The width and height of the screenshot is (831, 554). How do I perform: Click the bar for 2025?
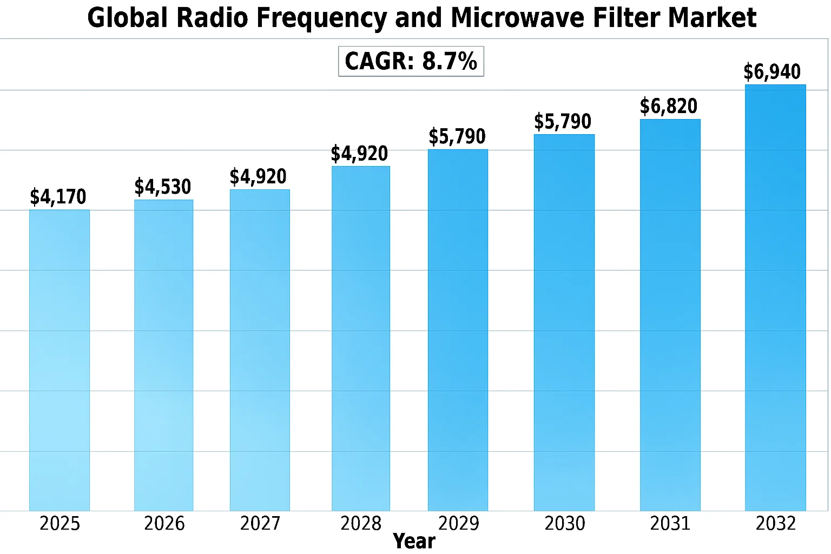[60, 360]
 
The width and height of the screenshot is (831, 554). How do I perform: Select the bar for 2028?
[361, 339]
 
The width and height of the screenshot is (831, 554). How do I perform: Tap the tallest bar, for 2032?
[775, 298]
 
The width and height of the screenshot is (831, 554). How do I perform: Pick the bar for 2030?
[564, 322]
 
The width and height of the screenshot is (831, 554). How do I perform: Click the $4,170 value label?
[58, 197]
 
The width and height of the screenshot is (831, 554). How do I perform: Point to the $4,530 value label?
[163, 187]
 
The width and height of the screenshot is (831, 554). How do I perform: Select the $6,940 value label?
[772, 71]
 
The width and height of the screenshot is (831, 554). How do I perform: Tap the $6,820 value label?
[669, 106]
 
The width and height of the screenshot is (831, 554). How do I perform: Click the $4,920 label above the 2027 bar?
[258, 176]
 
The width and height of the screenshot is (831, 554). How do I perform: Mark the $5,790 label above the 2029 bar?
[457, 136]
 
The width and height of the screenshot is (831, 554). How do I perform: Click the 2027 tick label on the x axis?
[260, 523]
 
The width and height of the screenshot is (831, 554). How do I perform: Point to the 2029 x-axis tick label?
[459, 523]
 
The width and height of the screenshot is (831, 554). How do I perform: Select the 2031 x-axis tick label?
[670, 523]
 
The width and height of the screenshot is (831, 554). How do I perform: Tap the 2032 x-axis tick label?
[776, 523]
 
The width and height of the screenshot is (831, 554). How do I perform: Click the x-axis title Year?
[414, 541]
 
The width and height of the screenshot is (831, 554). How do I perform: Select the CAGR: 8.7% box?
[411, 61]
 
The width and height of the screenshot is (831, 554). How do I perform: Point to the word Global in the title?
[128, 18]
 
